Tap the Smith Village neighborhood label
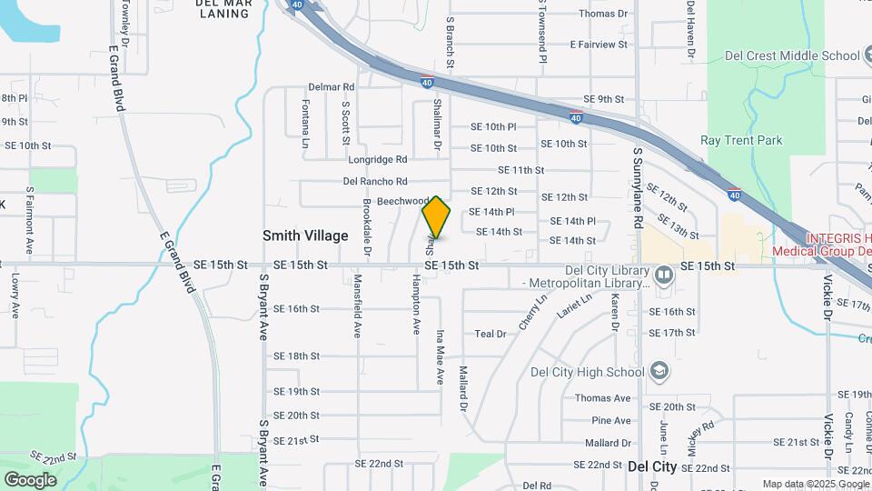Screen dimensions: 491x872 (305, 235)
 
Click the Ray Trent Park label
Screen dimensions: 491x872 (741, 140)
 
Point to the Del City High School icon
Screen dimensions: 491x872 (659, 371)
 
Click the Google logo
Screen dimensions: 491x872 (29, 479)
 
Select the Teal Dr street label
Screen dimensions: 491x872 (490, 334)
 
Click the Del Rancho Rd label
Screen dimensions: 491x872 (375, 181)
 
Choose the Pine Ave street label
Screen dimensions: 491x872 (610, 420)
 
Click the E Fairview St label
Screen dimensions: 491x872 (599, 45)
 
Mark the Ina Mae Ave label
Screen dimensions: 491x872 (440, 356)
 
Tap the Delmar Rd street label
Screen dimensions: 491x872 (331, 86)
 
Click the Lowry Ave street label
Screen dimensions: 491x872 (15, 296)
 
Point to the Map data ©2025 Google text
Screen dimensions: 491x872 (815, 484)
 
